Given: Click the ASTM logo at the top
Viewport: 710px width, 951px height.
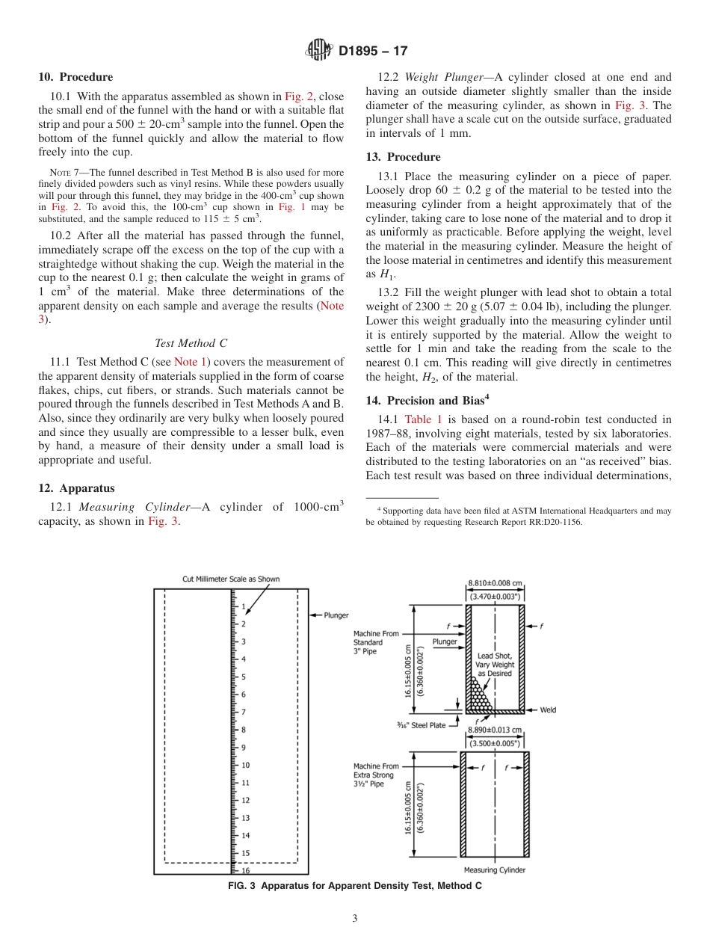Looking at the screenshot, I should click(319, 51).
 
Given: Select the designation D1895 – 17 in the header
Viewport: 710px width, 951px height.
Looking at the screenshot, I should click(373, 52).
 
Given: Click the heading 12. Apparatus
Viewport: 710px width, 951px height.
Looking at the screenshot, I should click(76, 488).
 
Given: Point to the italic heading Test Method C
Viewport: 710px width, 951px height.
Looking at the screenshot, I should click(191, 343).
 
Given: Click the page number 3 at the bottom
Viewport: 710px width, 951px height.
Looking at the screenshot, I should click(355, 919).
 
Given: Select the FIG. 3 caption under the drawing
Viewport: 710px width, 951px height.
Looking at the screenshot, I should click(354, 886).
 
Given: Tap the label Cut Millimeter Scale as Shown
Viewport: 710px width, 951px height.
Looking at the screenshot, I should click(231, 579).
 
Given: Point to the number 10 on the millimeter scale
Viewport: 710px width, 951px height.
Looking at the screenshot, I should click(245, 765).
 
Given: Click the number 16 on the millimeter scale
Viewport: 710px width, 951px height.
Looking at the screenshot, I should click(245, 870).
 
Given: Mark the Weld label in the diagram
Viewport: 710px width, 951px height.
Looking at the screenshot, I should click(548, 710).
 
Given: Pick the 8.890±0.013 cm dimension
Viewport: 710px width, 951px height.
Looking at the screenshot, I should click(495, 730).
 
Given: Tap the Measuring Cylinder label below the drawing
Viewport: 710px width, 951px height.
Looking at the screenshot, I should click(494, 870).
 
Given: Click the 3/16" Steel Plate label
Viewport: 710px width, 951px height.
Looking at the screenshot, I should click(422, 725).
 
